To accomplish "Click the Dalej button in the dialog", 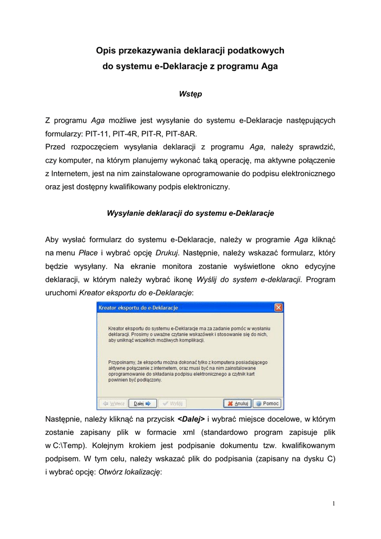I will (143, 404).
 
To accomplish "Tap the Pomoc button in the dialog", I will (267, 404).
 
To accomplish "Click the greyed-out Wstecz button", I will (112, 404).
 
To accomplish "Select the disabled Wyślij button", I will (172, 404).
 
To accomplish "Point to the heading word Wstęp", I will (190, 94).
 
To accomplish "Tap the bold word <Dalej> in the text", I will (191, 420).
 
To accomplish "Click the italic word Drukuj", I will (167, 253).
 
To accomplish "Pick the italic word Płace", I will (88, 253).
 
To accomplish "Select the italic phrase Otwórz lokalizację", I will (130, 472).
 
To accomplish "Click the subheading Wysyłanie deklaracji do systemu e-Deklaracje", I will (190, 213).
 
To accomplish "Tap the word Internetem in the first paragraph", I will (70, 174).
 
